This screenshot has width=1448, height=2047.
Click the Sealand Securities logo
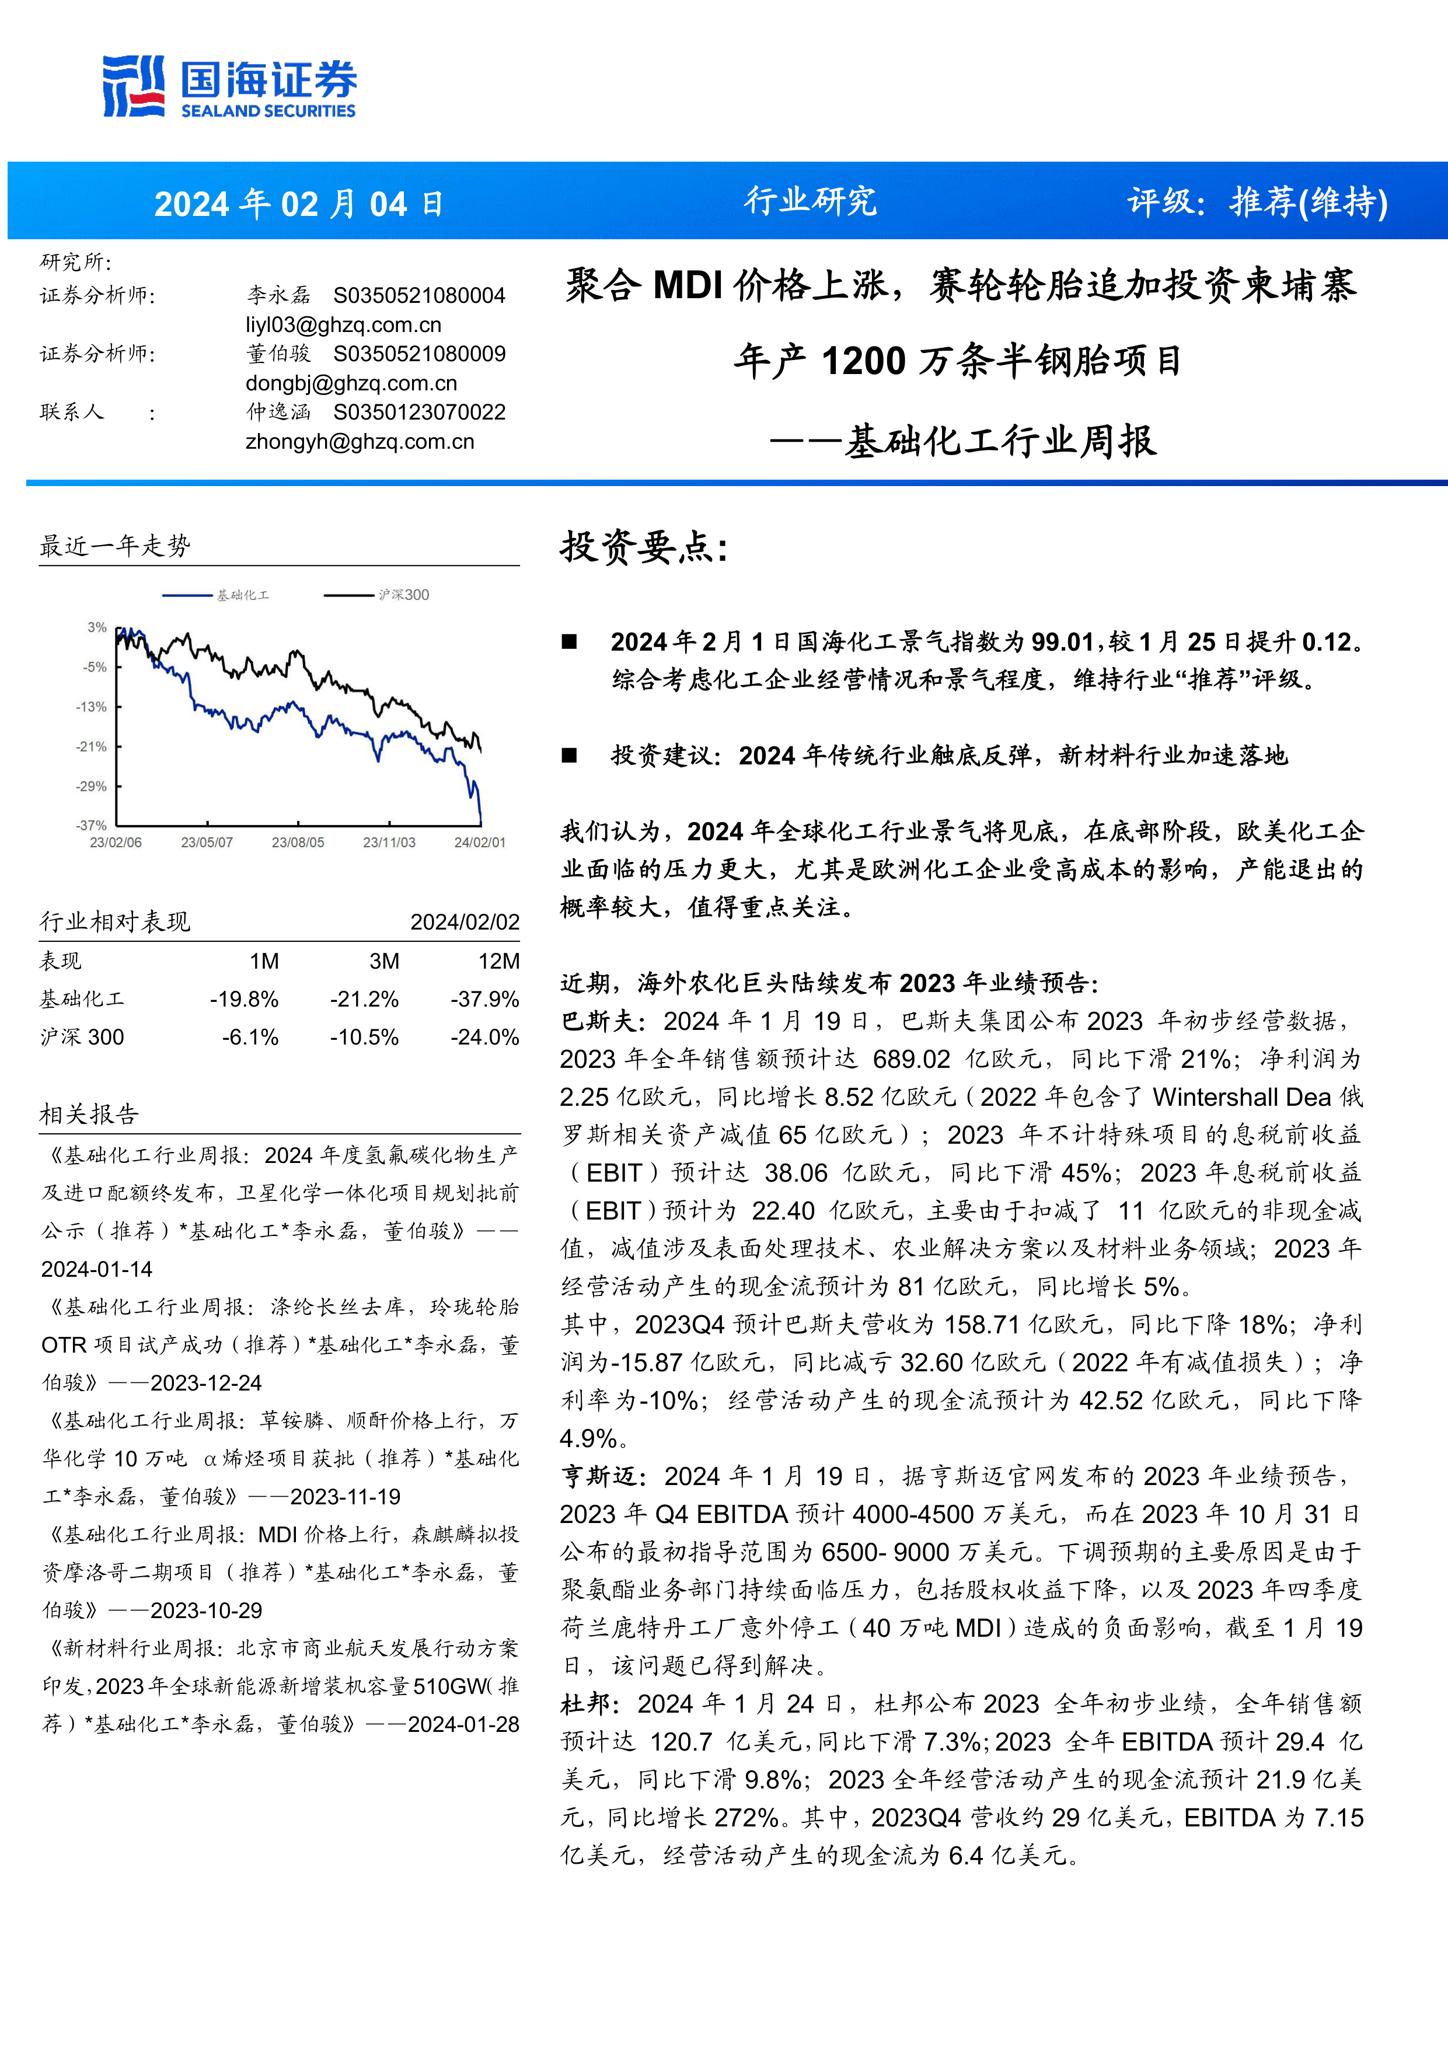click(x=229, y=86)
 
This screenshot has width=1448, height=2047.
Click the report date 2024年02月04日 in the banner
click(x=299, y=204)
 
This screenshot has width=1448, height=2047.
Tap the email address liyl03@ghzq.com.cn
click(x=343, y=324)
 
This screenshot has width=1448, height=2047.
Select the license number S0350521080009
click(x=419, y=354)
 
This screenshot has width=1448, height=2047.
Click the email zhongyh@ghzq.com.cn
click(x=360, y=441)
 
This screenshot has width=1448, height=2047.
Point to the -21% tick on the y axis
click(x=91, y=746)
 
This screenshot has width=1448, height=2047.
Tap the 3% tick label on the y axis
click(x=96, y=628)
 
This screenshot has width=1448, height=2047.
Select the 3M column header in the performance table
click(x=384, y=961)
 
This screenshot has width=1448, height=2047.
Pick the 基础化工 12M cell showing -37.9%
click(x=484, y=1000)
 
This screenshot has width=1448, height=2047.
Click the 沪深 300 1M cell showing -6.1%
click(x=250, y=1037)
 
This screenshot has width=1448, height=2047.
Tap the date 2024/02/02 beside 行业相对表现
click(x=465, y=922)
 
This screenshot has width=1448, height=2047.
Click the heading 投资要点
click(x=644, y=547)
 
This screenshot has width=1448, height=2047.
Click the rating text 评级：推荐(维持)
click(x=1257, y=202)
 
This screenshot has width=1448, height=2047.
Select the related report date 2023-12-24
click(x=206, y=1383)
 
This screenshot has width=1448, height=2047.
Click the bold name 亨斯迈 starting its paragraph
click(x=598, y=1476)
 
